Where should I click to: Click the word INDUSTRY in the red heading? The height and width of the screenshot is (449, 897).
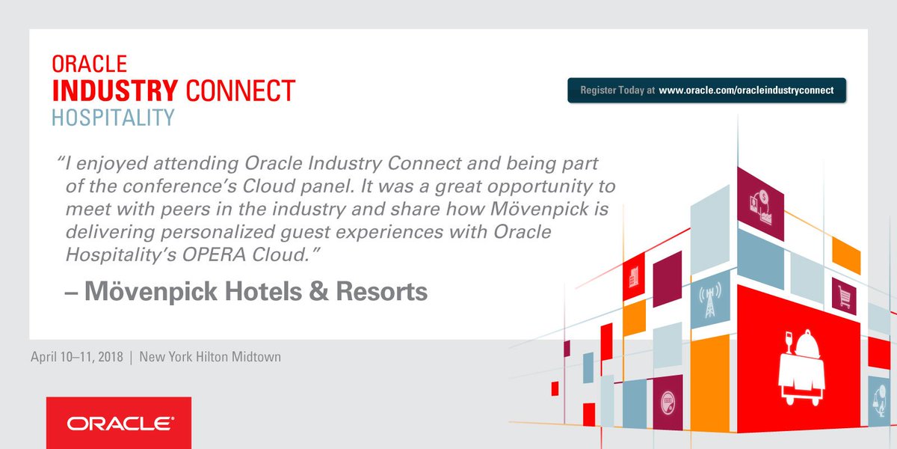coord(115,91)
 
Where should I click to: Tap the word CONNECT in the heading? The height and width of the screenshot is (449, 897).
coord(240,91)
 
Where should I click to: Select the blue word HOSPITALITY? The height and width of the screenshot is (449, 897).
coord(113,117)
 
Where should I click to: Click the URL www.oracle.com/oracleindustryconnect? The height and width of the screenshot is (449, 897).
coord(746,90)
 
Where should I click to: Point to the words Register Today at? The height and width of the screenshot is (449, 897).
coord(617,90)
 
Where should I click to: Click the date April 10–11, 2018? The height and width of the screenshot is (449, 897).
coord(77,357)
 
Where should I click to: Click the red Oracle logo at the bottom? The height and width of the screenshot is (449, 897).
coord(119,423)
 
